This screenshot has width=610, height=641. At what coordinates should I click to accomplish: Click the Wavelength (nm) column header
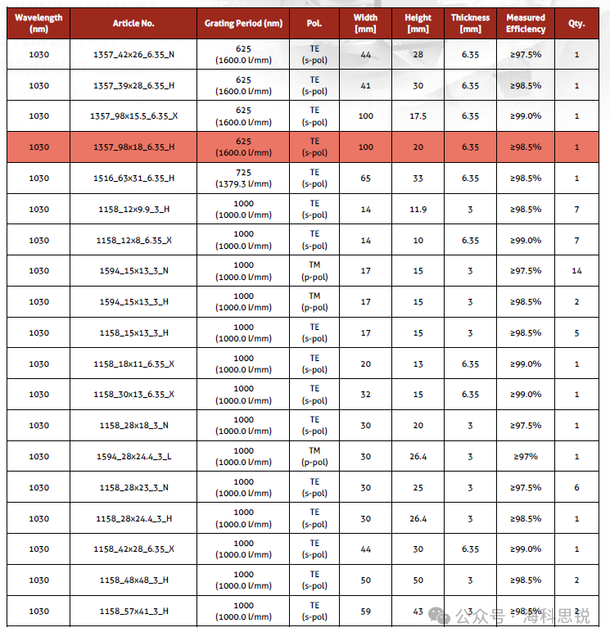point(38,23)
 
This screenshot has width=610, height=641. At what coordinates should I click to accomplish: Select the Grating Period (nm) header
point(243,24)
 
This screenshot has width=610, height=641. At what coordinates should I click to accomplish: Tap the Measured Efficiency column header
point(526,23)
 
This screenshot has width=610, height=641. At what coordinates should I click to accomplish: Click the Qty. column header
point(576,24)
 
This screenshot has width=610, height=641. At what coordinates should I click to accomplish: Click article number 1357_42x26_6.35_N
point(133,55)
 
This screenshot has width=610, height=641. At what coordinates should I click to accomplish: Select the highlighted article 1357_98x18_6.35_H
point(133,147)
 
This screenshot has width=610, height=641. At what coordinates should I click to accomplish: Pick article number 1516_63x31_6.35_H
point(133,178)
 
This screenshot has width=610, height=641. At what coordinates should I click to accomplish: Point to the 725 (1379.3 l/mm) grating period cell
point(243,178)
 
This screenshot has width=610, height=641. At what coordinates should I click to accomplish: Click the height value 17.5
point(418,116)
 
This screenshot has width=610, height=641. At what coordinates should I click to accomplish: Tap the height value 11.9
point(418,209)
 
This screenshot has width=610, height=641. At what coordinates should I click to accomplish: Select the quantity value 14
point(576,271)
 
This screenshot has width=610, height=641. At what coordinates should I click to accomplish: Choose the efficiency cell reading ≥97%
point(526,456)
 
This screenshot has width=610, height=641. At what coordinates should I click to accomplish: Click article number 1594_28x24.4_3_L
point(133,456)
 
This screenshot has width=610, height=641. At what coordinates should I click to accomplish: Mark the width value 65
point(365,178)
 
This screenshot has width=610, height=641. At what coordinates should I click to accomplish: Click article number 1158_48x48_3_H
point(133,580)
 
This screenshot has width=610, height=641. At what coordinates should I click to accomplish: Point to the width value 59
point(365,611)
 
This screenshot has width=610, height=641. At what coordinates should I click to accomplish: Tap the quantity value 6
point(576,487)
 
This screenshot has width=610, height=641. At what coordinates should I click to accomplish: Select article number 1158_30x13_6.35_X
point(133,395)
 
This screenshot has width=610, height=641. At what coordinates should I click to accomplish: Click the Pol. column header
point(314,24)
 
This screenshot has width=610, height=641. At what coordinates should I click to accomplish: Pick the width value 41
point(365,86)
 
